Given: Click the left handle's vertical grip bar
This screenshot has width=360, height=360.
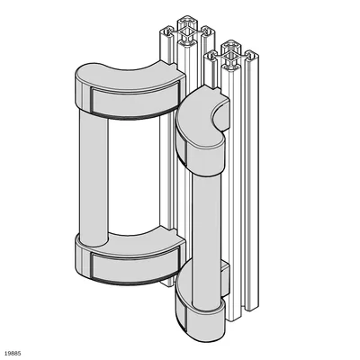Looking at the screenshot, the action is [x=94, y=177].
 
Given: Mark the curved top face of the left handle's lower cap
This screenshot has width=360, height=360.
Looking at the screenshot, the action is [x=141, y=240].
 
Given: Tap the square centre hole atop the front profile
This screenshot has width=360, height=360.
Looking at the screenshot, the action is [x=231, y=57].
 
